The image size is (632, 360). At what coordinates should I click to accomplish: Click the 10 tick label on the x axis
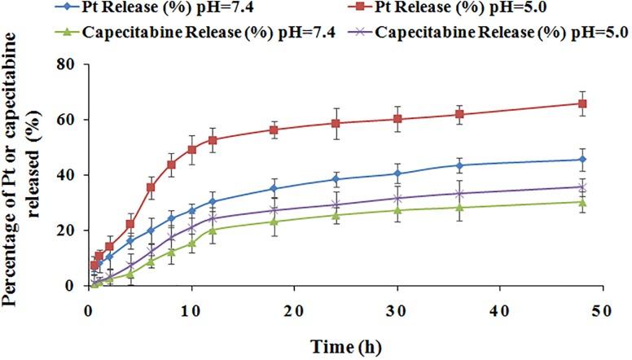point(191,312)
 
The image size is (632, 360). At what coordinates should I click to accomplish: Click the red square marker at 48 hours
point(582,103)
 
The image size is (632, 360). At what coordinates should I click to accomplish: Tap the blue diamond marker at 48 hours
point(582,160)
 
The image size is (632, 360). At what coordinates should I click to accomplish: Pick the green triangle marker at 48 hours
point(582,202)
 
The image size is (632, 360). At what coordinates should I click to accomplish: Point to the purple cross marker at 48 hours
point(582,187)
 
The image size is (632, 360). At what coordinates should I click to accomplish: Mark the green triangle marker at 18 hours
point(274,221)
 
